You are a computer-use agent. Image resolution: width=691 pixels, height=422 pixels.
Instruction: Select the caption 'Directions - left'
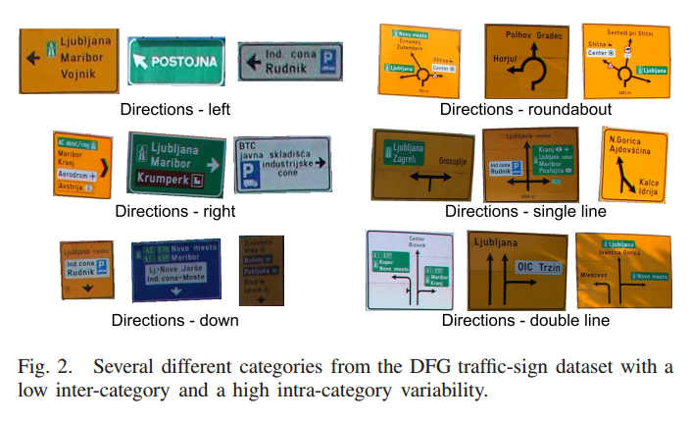[175, 109]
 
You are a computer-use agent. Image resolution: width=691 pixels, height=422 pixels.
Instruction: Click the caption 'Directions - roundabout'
[525, 109]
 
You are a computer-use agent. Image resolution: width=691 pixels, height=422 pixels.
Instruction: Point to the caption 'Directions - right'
[174, 211]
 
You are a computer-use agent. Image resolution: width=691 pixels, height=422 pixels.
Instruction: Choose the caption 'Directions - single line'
[525, 211]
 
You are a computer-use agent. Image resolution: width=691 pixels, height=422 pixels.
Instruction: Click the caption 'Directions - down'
[174, 320]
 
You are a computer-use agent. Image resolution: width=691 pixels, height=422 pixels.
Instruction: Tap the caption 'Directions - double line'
[525, 320]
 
